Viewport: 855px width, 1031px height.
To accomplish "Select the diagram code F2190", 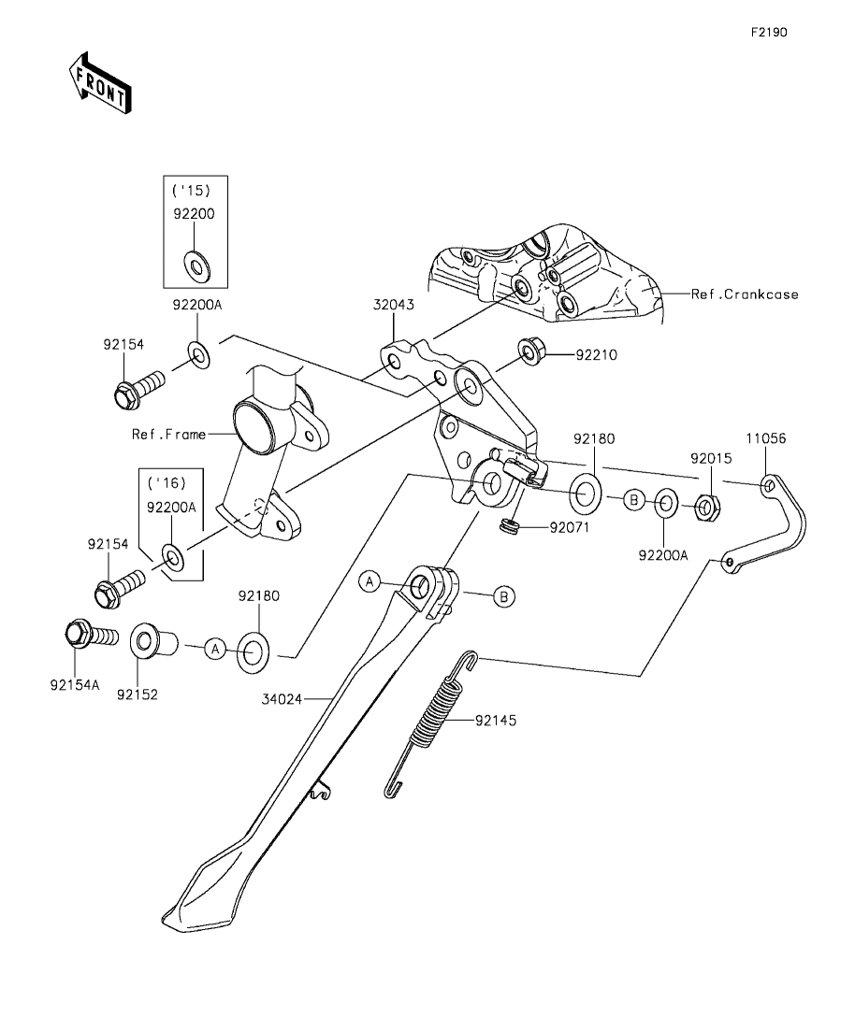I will pyautogui.click(x=769, y=32).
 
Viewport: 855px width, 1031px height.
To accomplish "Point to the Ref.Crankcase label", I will pyautogui.click(x=745, y=294).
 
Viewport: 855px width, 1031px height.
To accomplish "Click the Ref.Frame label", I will pyautogui.click(x=168, y=434).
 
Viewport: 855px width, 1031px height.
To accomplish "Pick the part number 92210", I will pyautogui.click(x=596, y=355).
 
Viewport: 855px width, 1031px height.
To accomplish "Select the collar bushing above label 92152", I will pyautogui.click(x=149, y=644).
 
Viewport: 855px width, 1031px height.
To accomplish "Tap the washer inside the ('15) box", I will pyautogui.click(x=196, y=267).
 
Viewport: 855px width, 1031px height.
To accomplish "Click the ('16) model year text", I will pyautogui.click(x=168, y=483).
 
